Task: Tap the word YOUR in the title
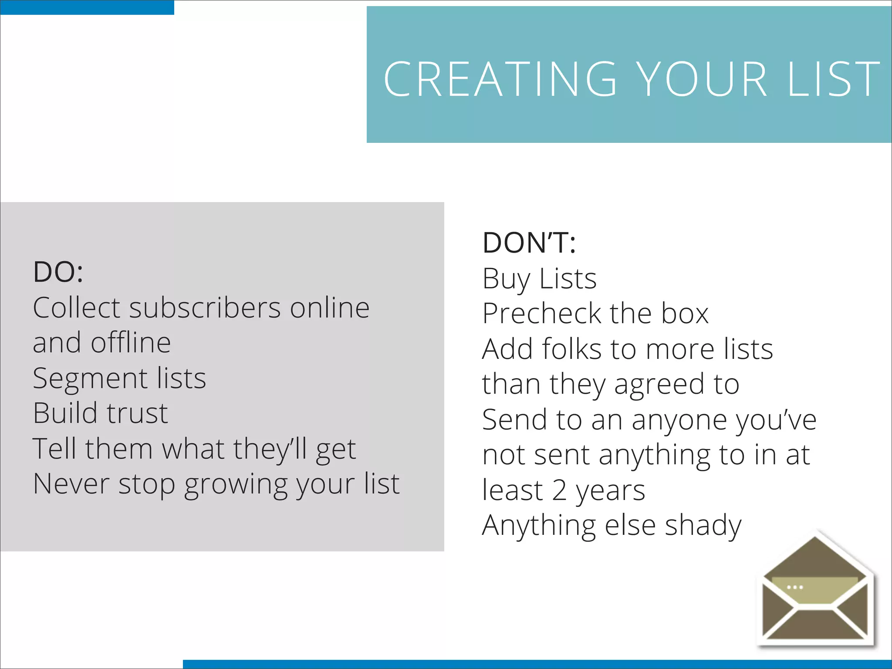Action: pos(702,79)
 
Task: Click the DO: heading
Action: pos(58,272)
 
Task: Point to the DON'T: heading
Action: pos(529,243)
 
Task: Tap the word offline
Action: pos(131,343)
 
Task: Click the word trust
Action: pos(137,413)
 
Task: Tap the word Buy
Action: pos(506,280)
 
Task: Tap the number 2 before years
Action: pos(559,490)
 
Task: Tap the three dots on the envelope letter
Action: pos(795,588)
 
